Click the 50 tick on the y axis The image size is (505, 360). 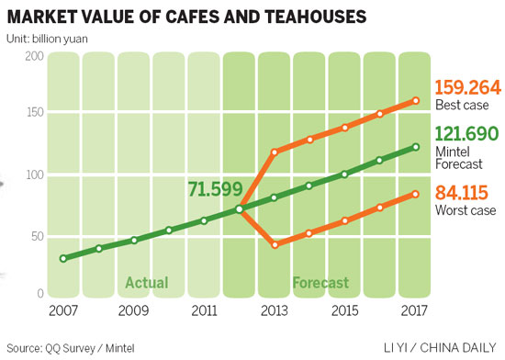pyautogui.click(x=36, y=235)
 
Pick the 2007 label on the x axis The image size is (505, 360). pyautogui.click(x=62, y=309)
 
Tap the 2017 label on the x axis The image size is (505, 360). pyautogui.click(x=415, y=309)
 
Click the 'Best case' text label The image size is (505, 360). pyautogui.click(x=456, y=107)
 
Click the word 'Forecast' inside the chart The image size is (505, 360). pyautogui.click(x=321, y=282)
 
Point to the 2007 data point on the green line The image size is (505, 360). pyautogui.click(x=62, y=258)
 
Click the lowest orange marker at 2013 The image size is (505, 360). pyautogui.click(x=275, y=244)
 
